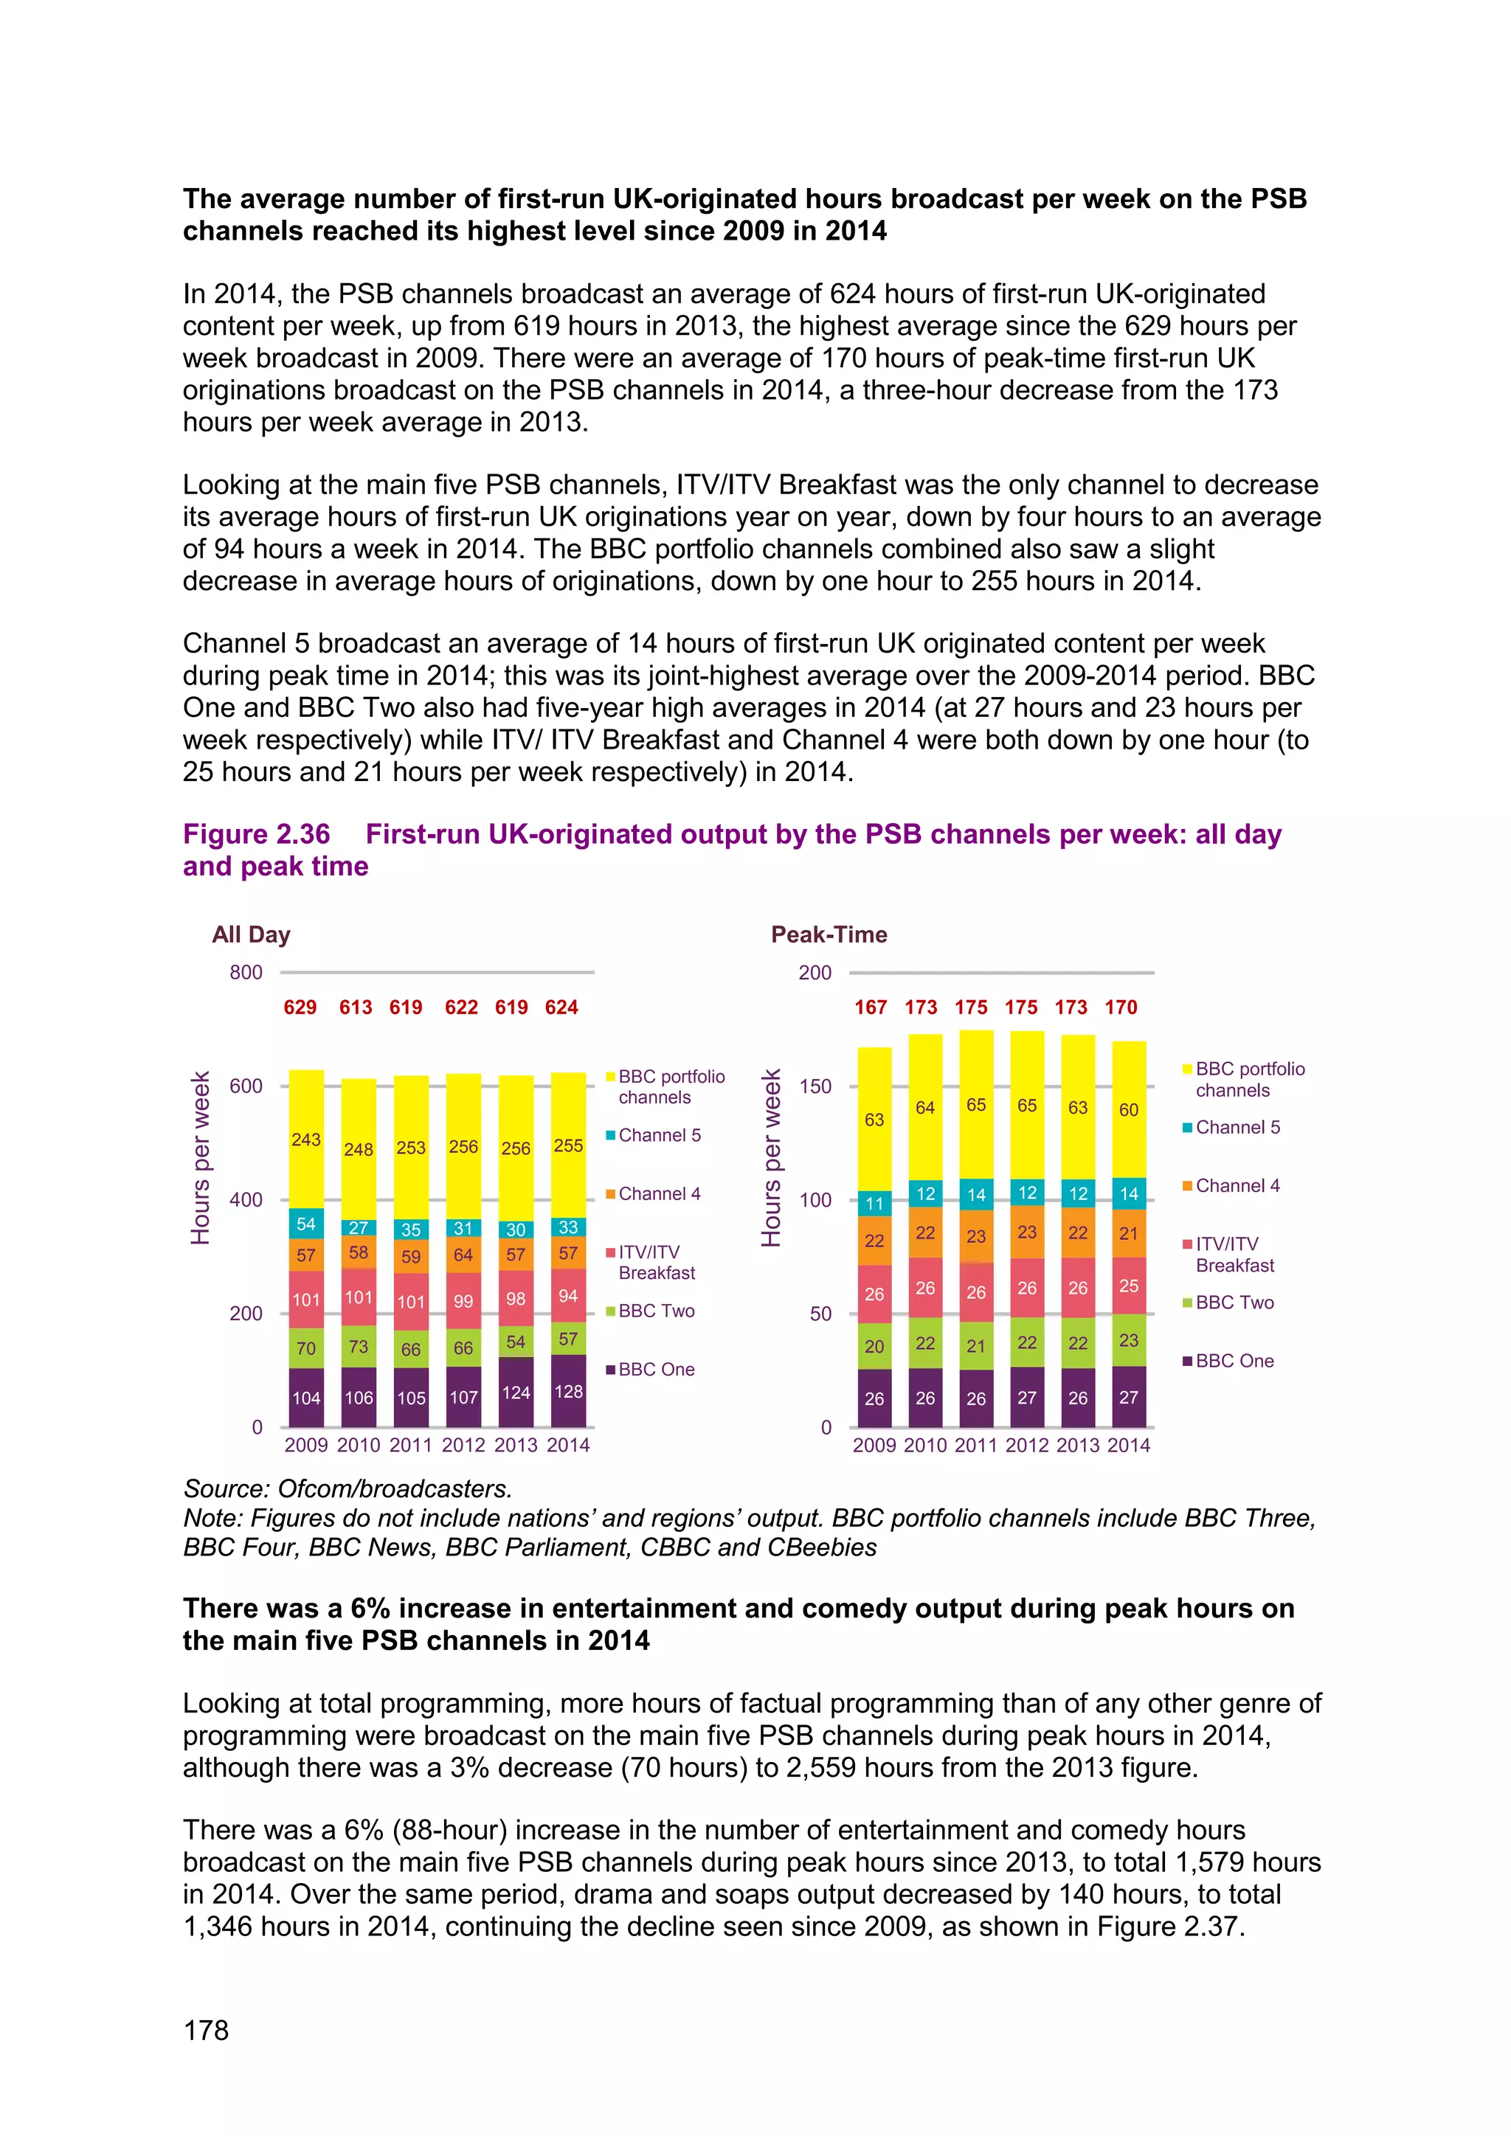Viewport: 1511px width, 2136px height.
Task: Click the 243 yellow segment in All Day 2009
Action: (306, 1139)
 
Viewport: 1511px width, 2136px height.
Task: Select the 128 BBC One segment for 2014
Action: (569, 1392)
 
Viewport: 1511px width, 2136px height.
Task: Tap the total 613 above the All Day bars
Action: (356, 1008)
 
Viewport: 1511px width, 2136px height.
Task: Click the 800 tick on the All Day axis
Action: (246, 972)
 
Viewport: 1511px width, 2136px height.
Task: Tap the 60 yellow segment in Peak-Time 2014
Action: (1129, 1110)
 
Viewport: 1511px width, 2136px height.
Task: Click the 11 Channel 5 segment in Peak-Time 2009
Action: (874, 1204)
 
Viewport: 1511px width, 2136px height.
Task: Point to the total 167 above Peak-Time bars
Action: (871, 1008)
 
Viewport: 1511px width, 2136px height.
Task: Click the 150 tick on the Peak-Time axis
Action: (815, 1086)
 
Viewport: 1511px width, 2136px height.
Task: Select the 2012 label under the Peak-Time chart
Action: (1026, 1445)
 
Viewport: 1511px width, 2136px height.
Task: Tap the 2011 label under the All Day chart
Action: (410, 1445)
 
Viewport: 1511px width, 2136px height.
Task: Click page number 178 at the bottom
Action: (206, 2030)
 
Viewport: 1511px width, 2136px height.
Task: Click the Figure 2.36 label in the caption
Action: (257, 834)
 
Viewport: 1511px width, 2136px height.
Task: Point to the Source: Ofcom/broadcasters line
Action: (347, 1488)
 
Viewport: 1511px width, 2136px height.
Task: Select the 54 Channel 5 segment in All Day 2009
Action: (306, 1224)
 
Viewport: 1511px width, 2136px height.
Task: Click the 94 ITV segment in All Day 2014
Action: (569, 1296)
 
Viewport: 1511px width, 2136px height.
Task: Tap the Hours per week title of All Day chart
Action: (201, 1158)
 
